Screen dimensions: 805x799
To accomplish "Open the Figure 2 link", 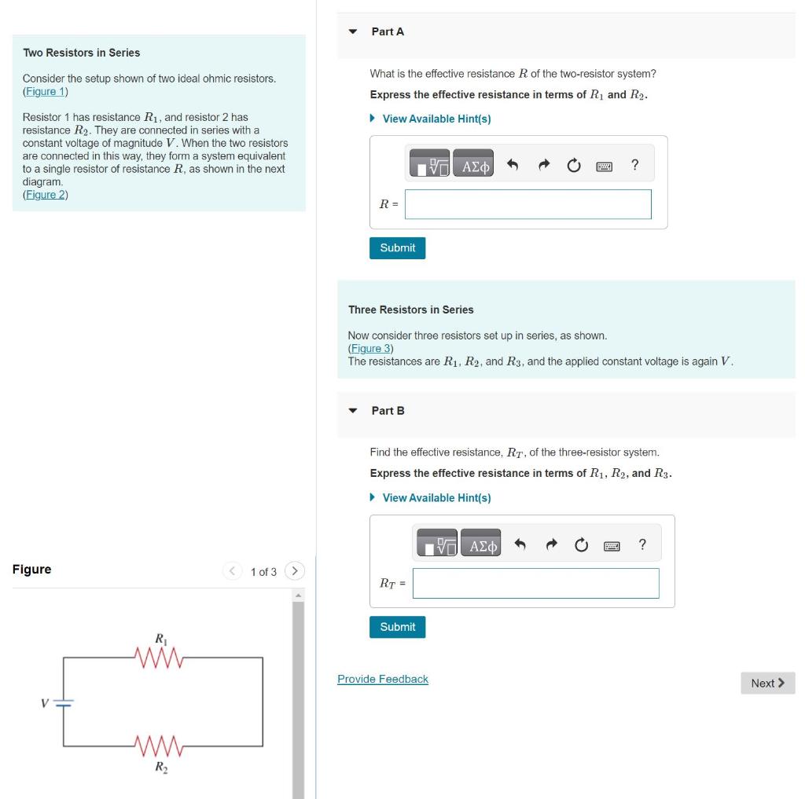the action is coord(46,195).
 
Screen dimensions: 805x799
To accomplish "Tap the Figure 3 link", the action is coord(371,349).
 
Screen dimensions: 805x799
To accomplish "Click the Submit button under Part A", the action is coord(397,247).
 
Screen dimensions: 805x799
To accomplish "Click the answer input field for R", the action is coord(527,204).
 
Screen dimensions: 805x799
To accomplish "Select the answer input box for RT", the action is coord(535,583).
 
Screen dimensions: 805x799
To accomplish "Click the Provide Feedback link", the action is coord(383,679).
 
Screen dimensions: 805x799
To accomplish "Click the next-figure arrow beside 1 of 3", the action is coord(295,571).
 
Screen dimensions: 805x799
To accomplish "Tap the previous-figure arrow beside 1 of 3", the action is coord(233,571).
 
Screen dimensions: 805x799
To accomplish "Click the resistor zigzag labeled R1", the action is coord(159,658).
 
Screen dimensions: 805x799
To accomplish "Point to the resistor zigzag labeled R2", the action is coord(159,746).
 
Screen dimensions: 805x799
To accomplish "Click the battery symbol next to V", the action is coord(64,702).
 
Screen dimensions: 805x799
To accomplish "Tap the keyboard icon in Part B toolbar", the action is coord(612,546).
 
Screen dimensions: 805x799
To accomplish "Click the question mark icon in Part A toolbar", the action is coord(635,165).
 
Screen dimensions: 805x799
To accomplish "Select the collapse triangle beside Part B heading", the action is coord(353,411).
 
